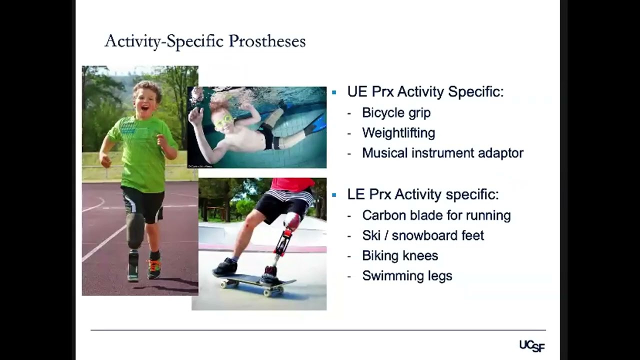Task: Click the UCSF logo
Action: [x=531, y=345]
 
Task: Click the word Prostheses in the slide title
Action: [x=267, y=41]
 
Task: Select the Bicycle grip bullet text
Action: [x=396, y=113]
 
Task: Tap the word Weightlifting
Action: [x=398, y=133]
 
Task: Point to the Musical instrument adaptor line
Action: [x=442, y=153]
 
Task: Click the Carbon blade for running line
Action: [x=436, y=215]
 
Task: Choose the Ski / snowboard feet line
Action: [x=423, y=235]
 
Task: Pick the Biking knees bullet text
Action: [x=400, y=255]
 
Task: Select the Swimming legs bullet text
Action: [x=407, y=275]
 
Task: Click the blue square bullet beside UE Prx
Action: [x=334, y=92]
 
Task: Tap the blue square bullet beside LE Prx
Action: [x=334, y=194]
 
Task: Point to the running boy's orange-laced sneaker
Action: [x=154, y=269]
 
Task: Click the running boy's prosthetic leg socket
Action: [x=134, y=230]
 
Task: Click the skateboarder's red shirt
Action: [x=292, y=184]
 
